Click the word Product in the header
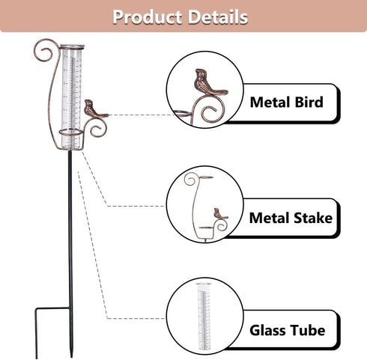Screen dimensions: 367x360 click(x=147, y=17)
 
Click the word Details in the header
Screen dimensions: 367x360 click(x=218, y=17)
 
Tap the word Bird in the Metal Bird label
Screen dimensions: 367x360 click(x=309, y=103)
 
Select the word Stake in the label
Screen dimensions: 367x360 click(x=313, y=218)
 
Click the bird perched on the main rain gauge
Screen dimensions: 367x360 click(x=95, y=109)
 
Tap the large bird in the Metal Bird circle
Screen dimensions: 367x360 click(x=209, y=82)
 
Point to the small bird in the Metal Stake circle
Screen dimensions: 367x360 click(x=220, y=214)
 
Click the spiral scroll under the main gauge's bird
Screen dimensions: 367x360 click(x=97, y=129)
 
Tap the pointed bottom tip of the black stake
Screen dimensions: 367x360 click(x=71, y=356)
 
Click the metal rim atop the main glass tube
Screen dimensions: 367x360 click(x=72, y=46)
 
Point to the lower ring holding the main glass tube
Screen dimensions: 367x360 click(x=71, y=132)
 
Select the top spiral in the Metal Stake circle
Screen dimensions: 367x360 click(x=190, y=179)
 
